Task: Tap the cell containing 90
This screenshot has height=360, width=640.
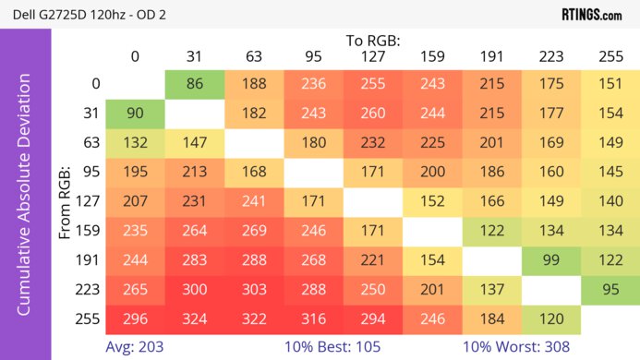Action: click(x=135, y=114)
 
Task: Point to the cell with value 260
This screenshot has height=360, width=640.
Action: click(x=373, y=114)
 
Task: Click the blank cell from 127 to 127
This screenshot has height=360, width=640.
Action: click(x=373, y=202)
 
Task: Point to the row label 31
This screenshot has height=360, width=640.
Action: click(x=91, y=114)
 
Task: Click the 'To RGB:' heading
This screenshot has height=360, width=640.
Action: click(x=373, y=41)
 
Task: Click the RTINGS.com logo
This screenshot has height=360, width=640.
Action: click(x=591, y=14)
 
